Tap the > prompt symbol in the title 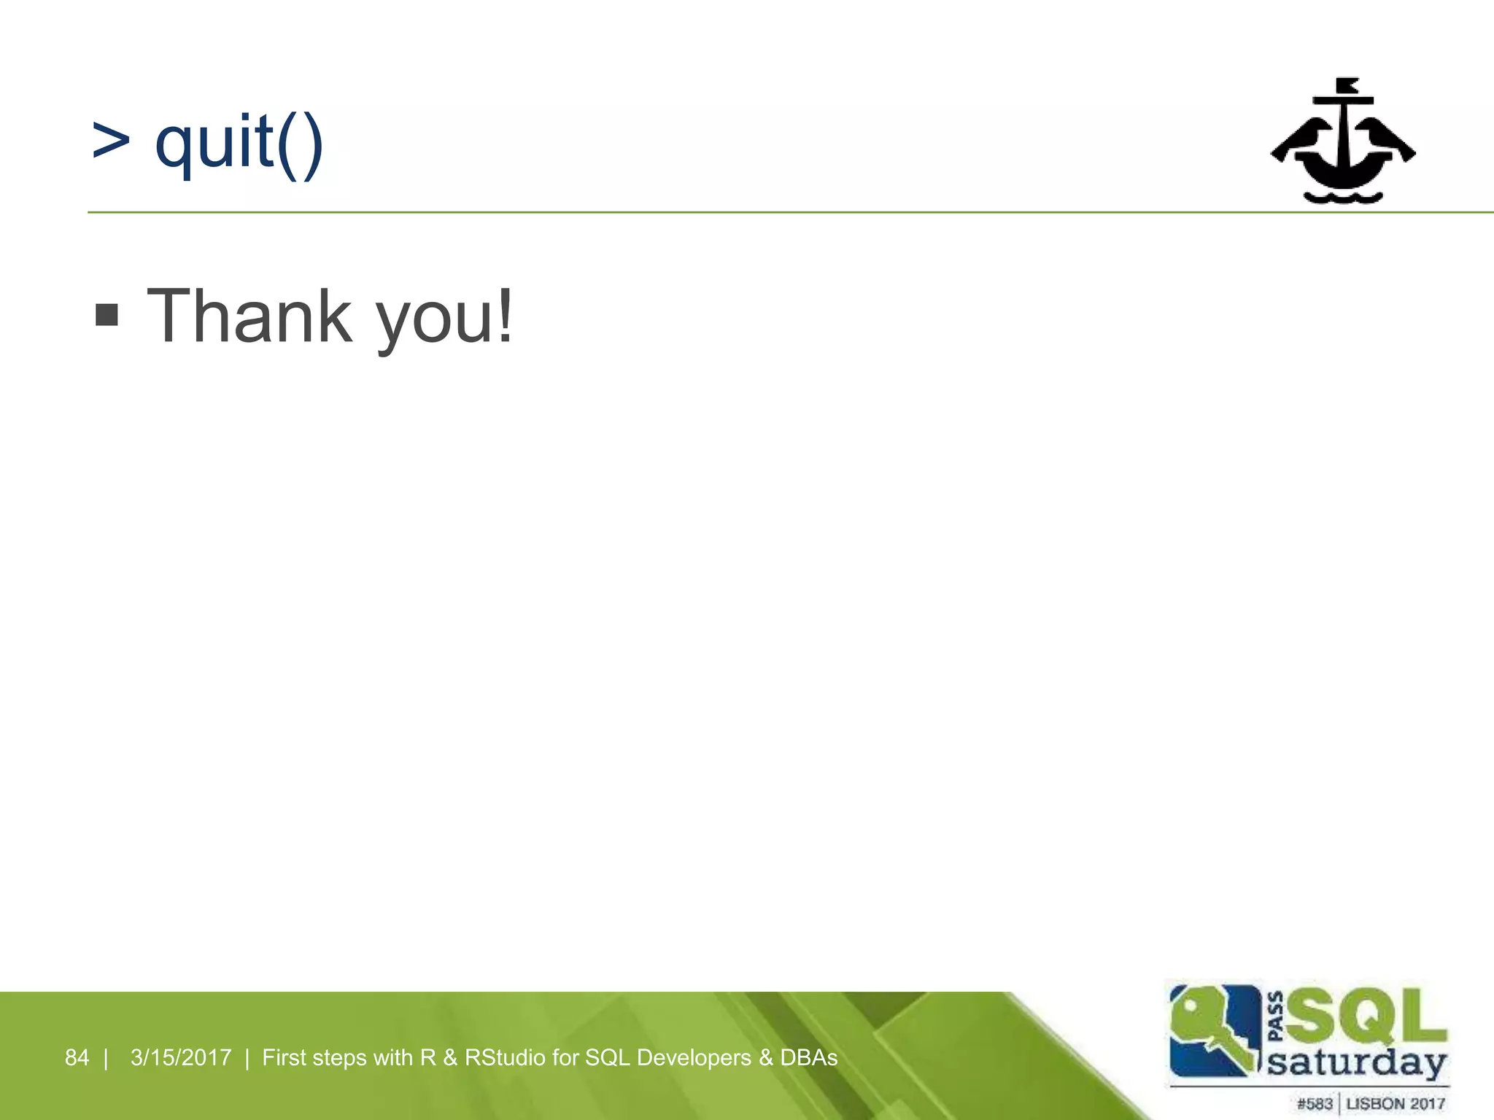pyautogui.click(x=111, y=141)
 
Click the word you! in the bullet pyautogui.click(x=444, y=319)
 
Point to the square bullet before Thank pyautogui.click(x=107, y=316)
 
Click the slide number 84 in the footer pyautogui.click(x=77, y=1057)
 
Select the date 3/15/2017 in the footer pyautogui.click(x=181, y=1057)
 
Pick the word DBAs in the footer pyautogui.click(x=808, y=1057)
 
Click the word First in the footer pyautogui.click(x=284, y=1057)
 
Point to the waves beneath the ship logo pyautogui.click(x=1343, y=197)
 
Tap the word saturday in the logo pyautogui.click(x=1357, y=1064)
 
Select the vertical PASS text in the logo pyautogui.click(x=1276, y=1016)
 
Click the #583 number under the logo pyautogui.click(x=1315, y=1104)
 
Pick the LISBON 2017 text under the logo pyautogui.click(x=1396, y=1104)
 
